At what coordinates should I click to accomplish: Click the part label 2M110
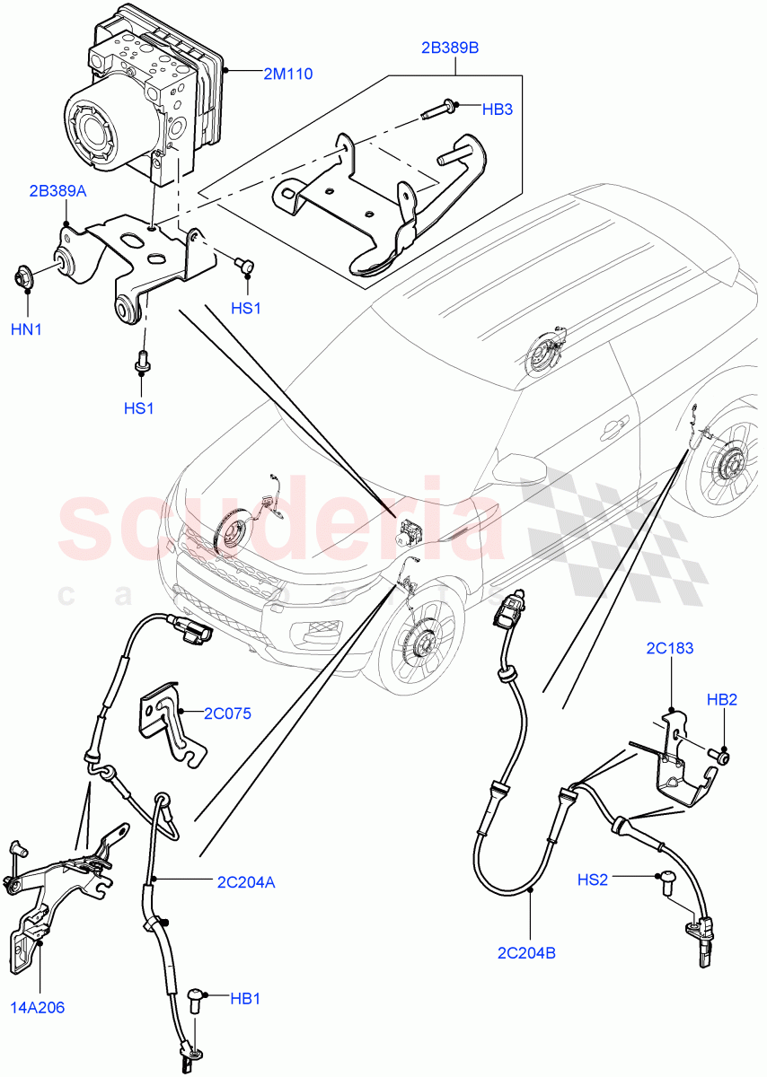pyautogui.click(x=287, y=74)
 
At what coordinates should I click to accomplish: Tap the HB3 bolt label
pyautogui.click(x=497, y=109)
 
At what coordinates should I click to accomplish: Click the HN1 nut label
pyautogui.click(x=26, y=329)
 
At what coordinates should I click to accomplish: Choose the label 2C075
pyautogui.click(x=226, y=714)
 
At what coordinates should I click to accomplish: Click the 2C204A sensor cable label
pyautogui.click(x=244, y=881)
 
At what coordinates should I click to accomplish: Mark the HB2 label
pyautogui.click(x=721, y=699)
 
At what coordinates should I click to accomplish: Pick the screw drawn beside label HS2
pyautogui.click(x=667, y=883)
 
